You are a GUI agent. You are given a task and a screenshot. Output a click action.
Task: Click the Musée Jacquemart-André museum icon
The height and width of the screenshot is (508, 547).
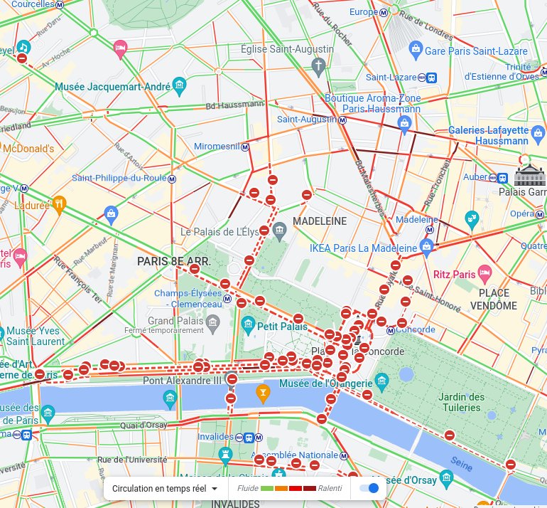(179, 87)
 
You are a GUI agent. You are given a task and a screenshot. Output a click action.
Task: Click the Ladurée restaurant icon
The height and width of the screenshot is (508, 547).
(60, 203)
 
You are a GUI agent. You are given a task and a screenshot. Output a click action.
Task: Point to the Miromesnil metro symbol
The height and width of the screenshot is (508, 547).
(245, 147)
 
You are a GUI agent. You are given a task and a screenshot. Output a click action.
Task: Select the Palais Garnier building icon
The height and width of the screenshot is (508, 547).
(529, 174)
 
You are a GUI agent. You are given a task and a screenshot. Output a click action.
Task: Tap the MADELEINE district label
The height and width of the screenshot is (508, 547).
(319, 221)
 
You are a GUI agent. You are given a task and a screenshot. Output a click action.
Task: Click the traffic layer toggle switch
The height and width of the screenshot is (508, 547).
(369, 488)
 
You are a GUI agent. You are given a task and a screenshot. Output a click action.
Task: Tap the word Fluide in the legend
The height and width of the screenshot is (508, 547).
(247, 488)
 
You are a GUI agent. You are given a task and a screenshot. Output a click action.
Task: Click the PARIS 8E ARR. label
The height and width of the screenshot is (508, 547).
(174, 261)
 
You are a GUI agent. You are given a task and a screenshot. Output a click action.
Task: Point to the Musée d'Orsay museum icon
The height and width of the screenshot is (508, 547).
(446, 477)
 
